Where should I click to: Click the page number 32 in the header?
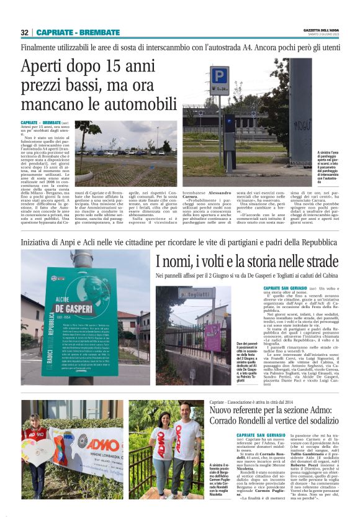click(x=25, y=32)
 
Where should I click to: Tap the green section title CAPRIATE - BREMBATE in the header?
click(x=78, y=32)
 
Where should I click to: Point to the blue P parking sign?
click(x=220, y=76)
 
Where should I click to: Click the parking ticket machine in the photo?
click(x=229, y=124)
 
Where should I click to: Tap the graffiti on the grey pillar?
click(x=300, y=117)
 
